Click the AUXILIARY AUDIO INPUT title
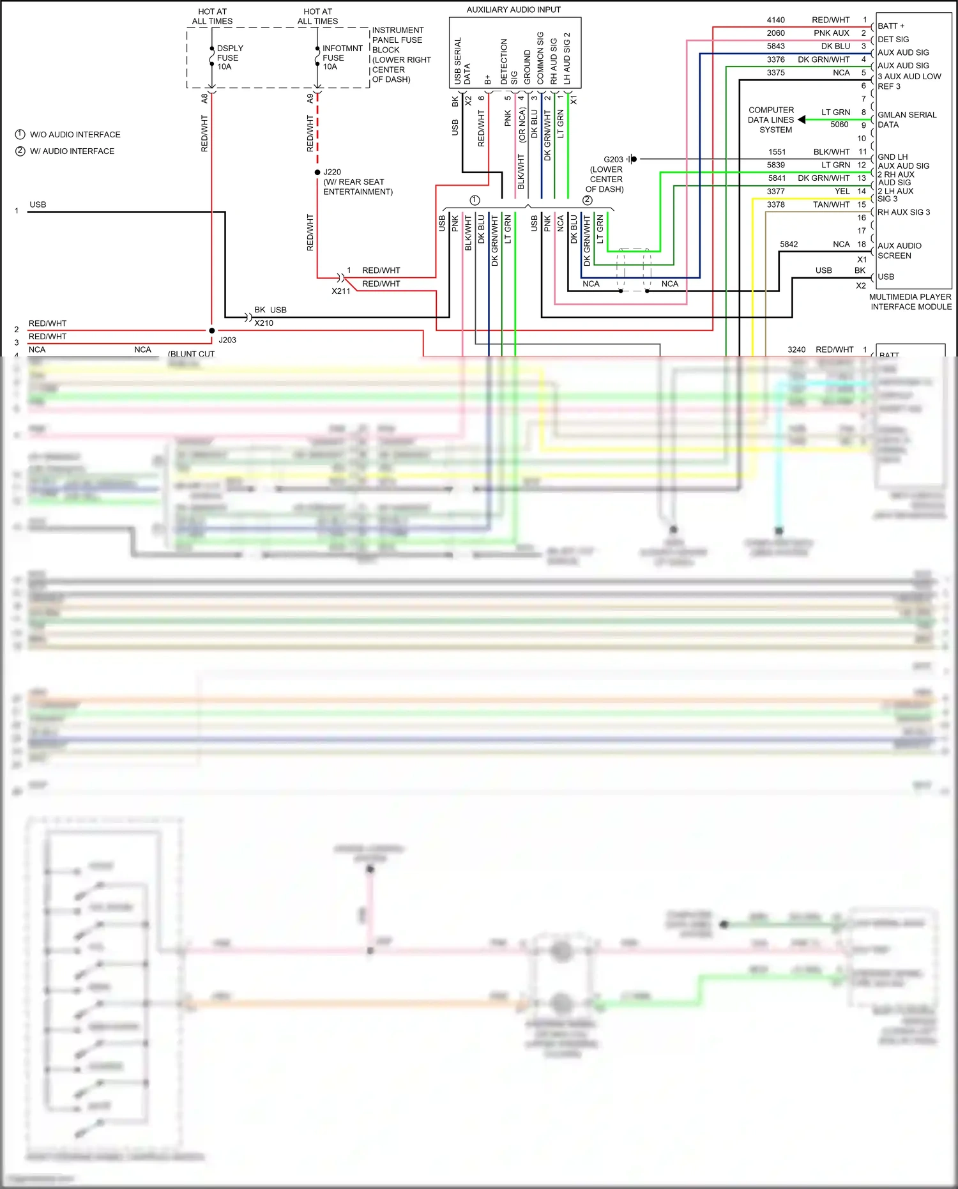tap(513, 10)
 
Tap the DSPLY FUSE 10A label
tap(229, 58)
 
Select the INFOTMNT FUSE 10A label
tap(342, 58)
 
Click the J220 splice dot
tap(317, 173)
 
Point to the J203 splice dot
tap(212, 330)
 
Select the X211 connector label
tap(340, 291)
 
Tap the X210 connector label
tap(263, 323)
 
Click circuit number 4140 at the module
tap(775, 20)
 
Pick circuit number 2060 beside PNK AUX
tap(775, 33)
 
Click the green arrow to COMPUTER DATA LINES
tap(802, 119)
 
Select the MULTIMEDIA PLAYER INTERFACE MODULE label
tap(910, 302)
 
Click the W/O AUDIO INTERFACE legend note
tap(75, 135)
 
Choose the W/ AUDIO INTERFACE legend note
tap(72, 151)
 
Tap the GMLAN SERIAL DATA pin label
tap(906, 119)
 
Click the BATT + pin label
tap(890, 26)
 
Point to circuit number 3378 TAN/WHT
tap(775, 204)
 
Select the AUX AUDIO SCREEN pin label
tap(899, 250)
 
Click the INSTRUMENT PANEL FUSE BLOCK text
tap(400, 54)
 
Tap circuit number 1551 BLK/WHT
tap(777, 152)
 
